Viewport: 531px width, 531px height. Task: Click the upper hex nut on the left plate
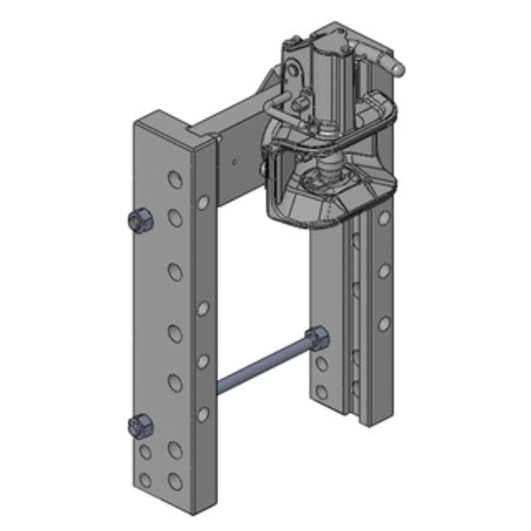140,221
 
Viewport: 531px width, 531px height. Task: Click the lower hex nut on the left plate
140,425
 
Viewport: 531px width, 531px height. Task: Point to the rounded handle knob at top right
393,66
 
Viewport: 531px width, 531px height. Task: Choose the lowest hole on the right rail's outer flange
384,323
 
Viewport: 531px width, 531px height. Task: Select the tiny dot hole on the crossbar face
236,161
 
